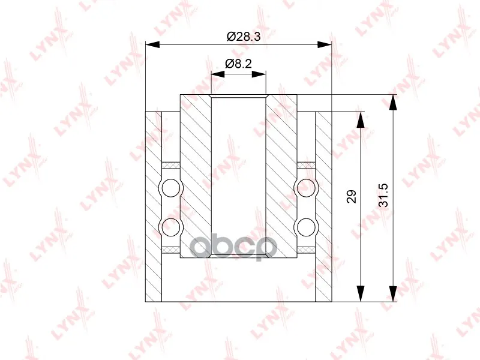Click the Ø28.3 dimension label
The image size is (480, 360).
coord(244,37)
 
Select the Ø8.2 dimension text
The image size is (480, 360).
coord(238,64)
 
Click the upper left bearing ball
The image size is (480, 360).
coord(171,188)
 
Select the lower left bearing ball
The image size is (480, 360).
coord(171,227)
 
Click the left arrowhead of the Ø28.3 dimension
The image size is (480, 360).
coord(152,44)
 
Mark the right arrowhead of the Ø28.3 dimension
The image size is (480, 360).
coord(325,44)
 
